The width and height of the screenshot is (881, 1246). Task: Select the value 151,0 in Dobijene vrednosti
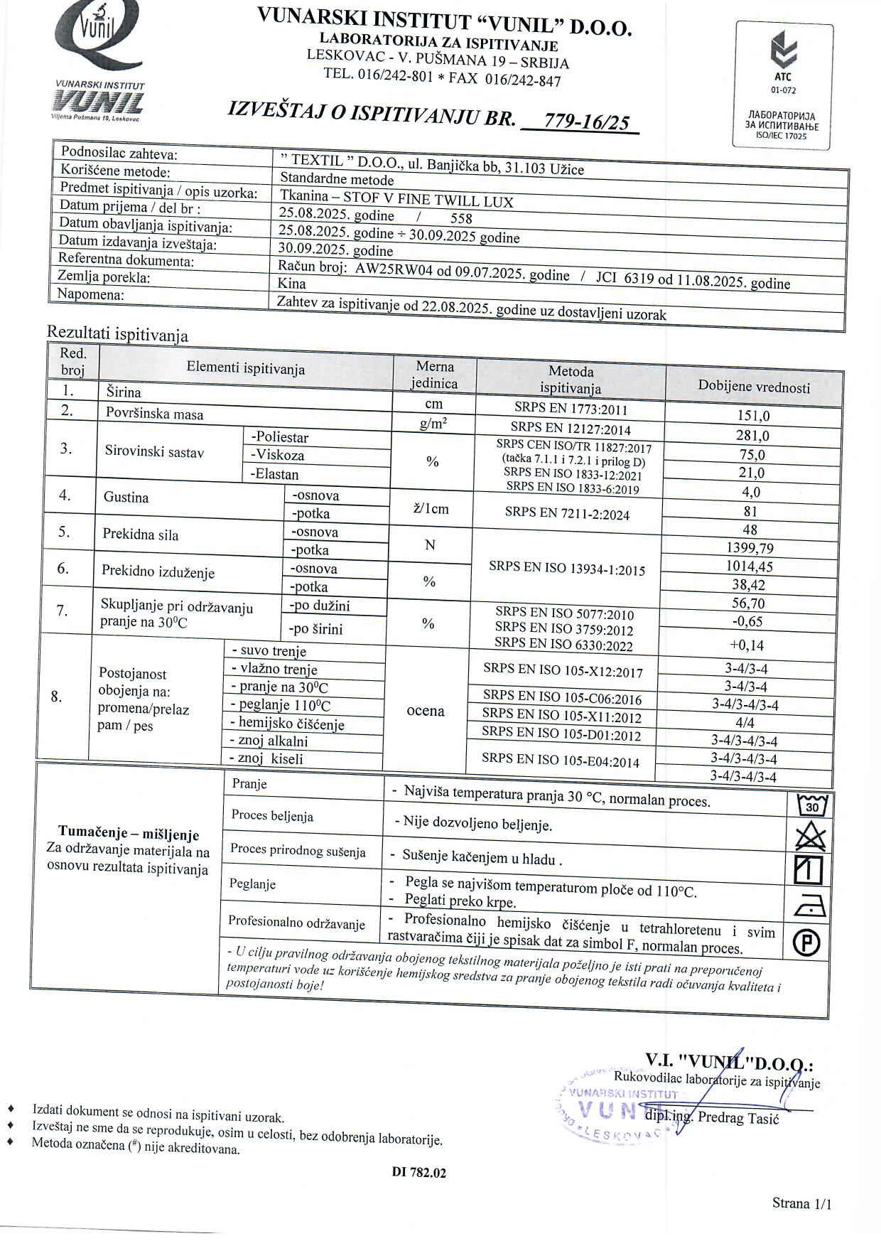click(x=753, y=417)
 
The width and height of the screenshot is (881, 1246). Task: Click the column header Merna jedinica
click(x=434, y=375)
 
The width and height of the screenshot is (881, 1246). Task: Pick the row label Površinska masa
click(x=154, y=414)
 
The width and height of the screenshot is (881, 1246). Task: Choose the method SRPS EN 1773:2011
click(x=571, y=409)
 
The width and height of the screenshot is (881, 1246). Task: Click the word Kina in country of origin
click(x=291, y=283)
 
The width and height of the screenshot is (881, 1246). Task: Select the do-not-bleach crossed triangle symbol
click(x=811, y=838)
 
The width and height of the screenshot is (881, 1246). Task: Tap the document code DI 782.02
click(x=418, y=1173)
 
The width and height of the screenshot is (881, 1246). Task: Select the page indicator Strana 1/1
click(x=801, y=1203)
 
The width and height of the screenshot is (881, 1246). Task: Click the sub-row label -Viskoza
click(x=277, y=455)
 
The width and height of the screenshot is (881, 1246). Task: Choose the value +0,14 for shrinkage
click(x=746, y=645)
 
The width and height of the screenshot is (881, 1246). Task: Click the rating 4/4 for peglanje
click(x=745, y=723)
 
